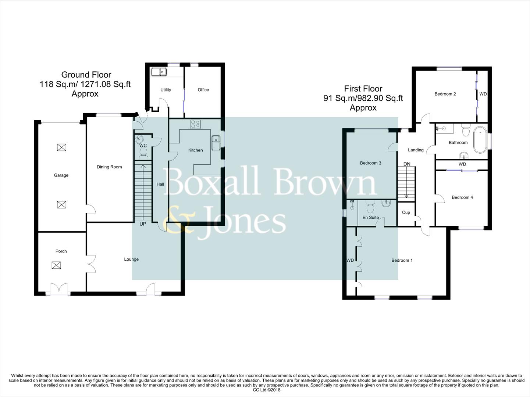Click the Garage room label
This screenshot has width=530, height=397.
pyautogui.click(x=61, y=175)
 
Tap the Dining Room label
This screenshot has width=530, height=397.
pyautogui.click(x=109, y=167)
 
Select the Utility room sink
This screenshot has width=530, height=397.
pyautogui.click(x=159, y=72)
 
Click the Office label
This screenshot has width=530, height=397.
pyautogui.click(x=203, y=90)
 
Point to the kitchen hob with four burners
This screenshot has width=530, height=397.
pyautogui.click(x=195, y=124)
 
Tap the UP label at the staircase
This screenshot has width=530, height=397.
pyautogui.click(x=143, y=224)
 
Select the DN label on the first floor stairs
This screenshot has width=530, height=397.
pyautogui.click(x=407, y=164)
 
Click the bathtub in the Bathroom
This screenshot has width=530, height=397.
pyautogui.click(x=480, y=140)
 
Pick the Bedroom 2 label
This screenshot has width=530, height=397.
pyautogui.click(x=445, y=94)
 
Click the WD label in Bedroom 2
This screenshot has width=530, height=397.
pyautogui.click(x=483, y=94)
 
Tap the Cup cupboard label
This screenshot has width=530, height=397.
pyautogui.click(x=406, y=212)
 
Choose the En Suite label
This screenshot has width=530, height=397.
pyautogui.click(x=370, y=218)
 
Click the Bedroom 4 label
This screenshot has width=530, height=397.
pyautogui.click(x=462, y=197)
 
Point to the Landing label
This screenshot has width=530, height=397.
pyautogui.click(x=416, y=150)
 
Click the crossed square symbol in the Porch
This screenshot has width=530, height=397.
pyautogui.click(x=56, y=265)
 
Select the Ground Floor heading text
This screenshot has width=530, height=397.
pyautogui.click(x=86, y=75)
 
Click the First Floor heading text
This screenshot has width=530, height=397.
pyautogui.click(x=363, y=89)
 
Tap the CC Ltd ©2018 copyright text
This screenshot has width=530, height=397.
pyautogui.click(x=267, y=390)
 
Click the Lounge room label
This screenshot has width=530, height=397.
pyautogui.click(x=131, y=259)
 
